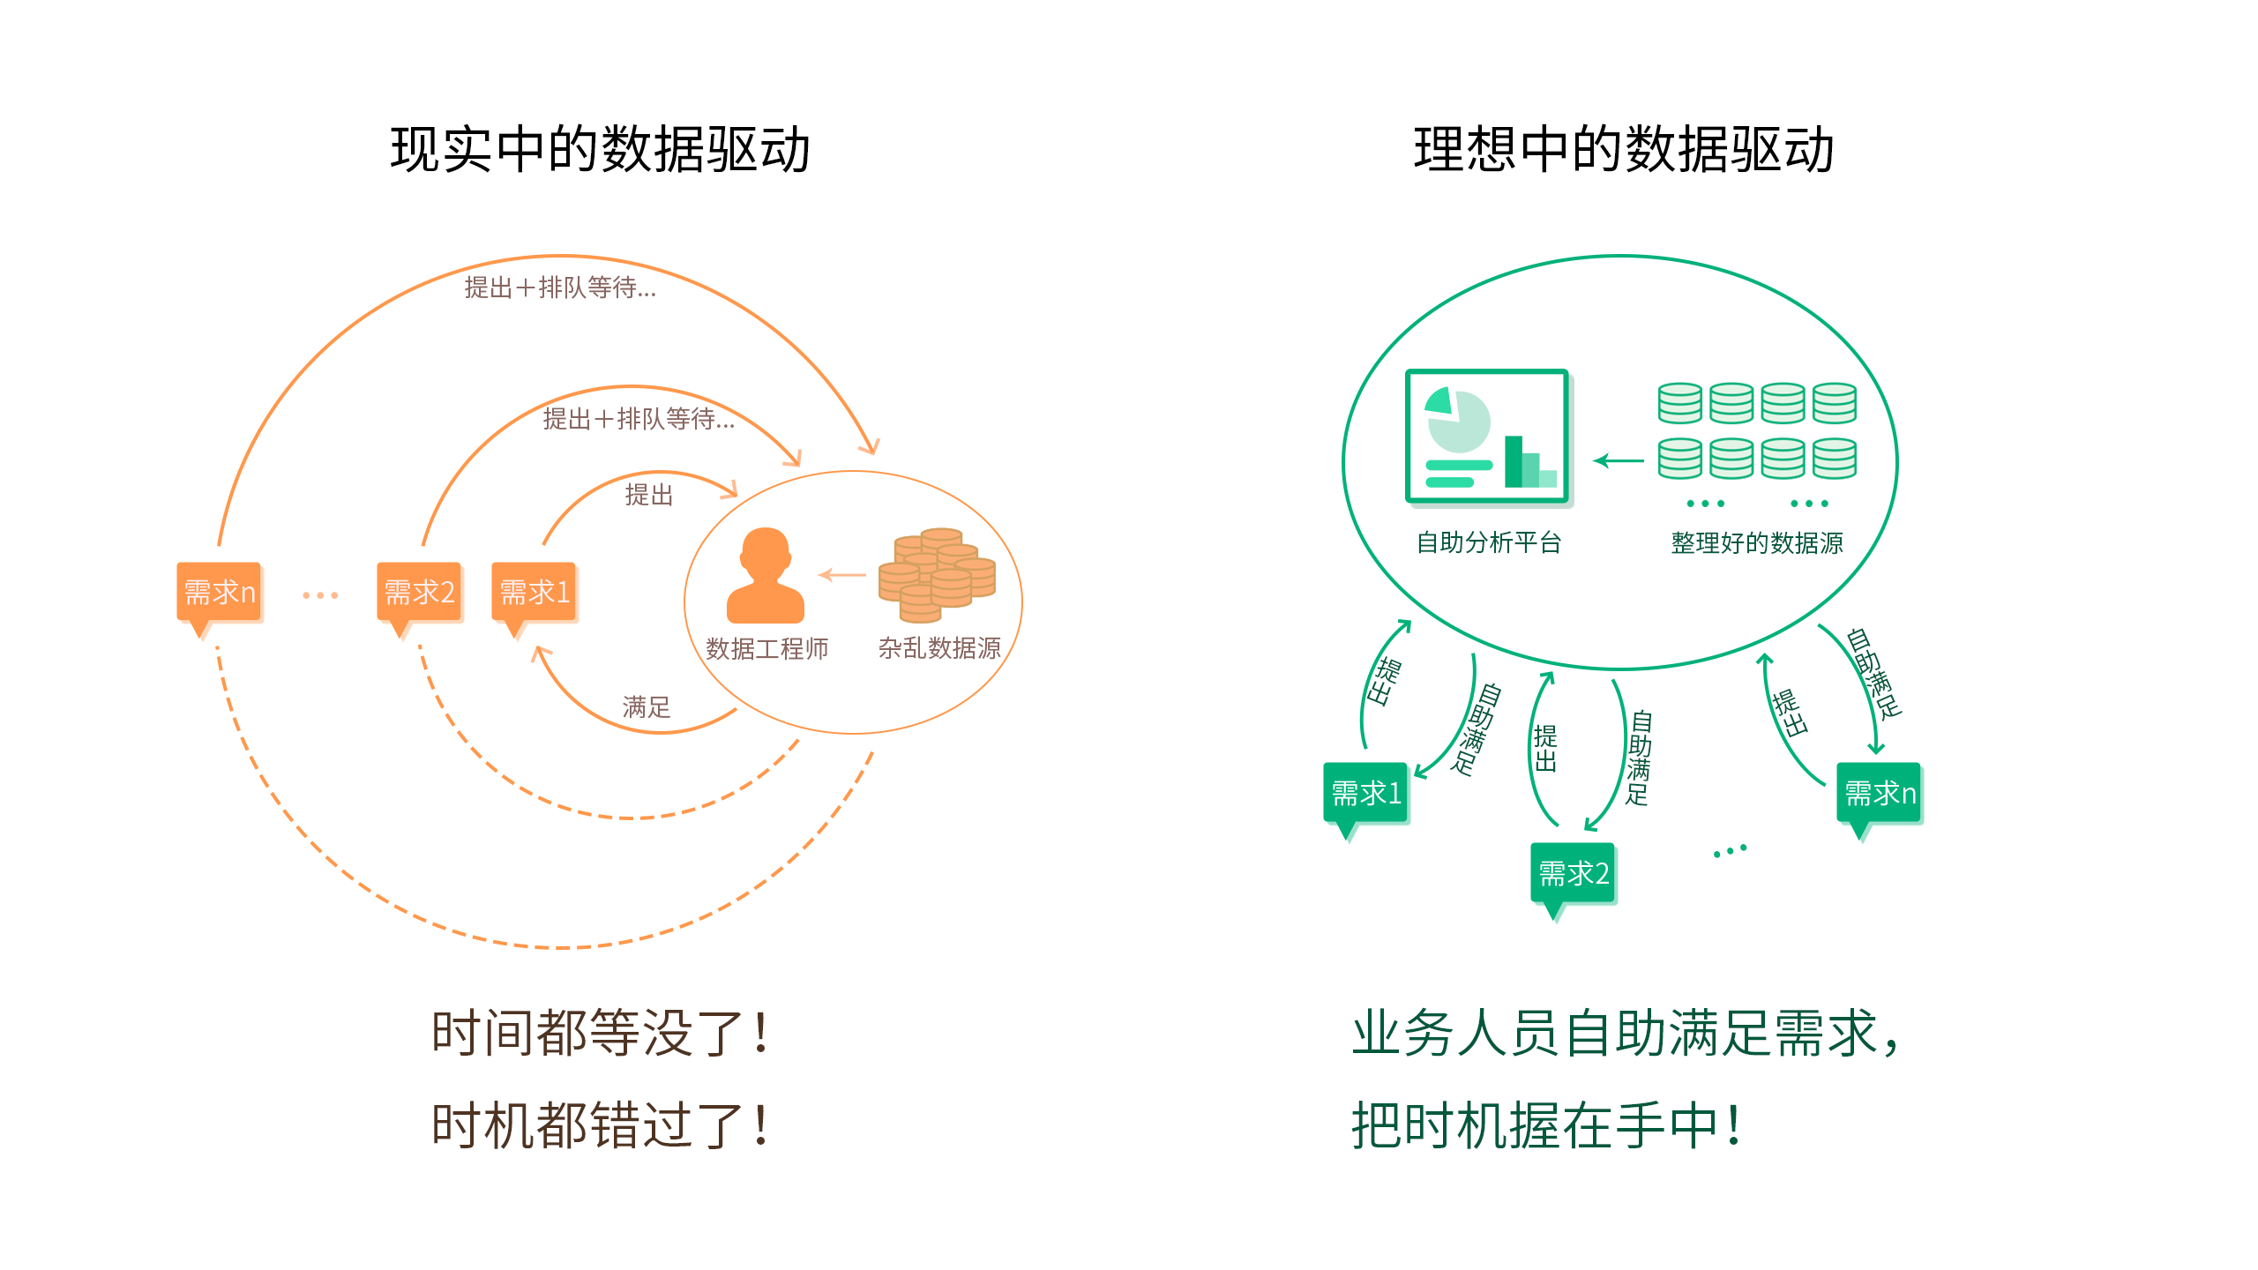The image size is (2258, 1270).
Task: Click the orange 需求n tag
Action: [x=219, y=592]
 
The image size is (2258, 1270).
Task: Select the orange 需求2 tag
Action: [x=419, y=592]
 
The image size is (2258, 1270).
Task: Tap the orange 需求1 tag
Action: [x=534, y=592]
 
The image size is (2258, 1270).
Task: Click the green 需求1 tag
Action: [x=1365, y=793]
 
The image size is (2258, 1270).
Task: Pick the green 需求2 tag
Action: [x=1574, y=873]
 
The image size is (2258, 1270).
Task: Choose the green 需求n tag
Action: [x=1880, y=793]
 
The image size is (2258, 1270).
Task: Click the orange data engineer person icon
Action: [x=765, y=575]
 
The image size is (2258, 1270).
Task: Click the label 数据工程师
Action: [x=766, y=649]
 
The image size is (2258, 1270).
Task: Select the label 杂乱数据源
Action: [x=939, y=648]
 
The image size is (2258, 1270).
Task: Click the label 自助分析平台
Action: [x=1489, y=542]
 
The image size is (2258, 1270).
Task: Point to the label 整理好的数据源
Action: [x=1757, y=542]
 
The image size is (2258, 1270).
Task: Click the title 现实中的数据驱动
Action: [x=600, y=149]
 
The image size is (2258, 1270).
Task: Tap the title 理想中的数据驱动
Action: [x=1624, y=149]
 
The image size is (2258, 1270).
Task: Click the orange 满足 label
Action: [x=647, y=706]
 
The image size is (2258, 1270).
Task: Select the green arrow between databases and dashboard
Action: [x=1619, y=460]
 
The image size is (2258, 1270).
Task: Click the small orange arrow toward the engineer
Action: [x=842, y=575]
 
